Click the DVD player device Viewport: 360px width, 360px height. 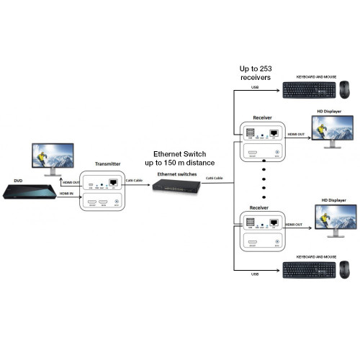(x=30, y=192)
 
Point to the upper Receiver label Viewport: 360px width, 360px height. (x=263, y=117)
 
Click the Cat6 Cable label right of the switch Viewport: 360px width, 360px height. (x=214, y=177)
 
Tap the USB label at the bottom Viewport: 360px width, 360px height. (x=253, y=274)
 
